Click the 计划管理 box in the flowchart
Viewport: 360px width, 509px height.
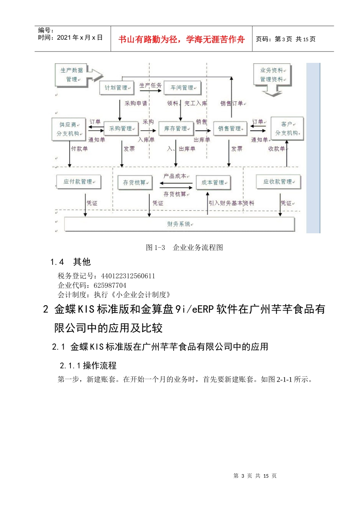coord(117,88)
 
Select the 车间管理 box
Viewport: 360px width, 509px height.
coord(182,88)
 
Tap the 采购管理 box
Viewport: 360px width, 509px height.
coord(121,129)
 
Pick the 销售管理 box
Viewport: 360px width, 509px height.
coord(230,129)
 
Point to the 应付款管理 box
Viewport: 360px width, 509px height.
coord(78,182)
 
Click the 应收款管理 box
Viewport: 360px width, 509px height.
coord(278,182)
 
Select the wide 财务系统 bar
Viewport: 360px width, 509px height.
coord(179,224)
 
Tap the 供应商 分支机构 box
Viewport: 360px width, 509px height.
coord(69,129)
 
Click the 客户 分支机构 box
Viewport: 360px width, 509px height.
coord(287,129)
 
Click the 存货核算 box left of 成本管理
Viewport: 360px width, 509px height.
coord(135,183)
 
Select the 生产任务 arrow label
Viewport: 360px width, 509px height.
coord(150,86)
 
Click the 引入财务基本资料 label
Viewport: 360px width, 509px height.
coord(231,203)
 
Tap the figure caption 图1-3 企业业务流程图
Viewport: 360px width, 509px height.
coord(184,248)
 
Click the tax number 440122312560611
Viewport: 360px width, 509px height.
coord(128,276)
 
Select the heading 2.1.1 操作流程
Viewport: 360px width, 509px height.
coord(88,365)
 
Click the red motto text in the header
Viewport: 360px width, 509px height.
coord(182,39)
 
